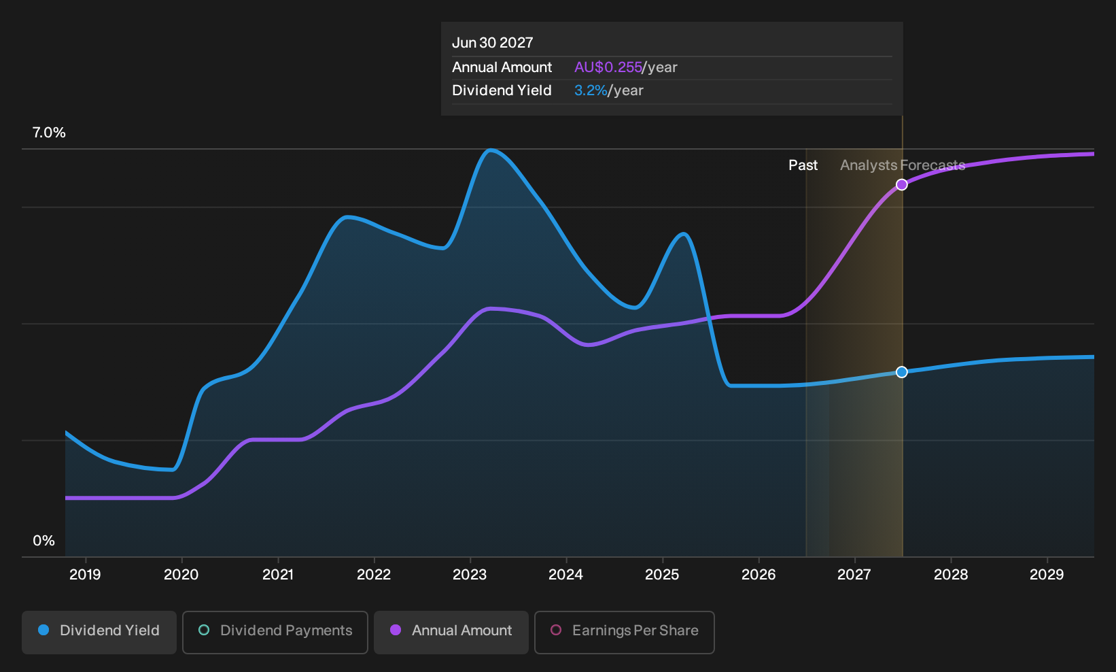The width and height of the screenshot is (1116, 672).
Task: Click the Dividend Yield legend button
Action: tap(99, 632)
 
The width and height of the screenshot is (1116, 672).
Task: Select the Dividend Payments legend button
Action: tap(275, 632)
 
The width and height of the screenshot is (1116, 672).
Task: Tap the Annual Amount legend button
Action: tap(451, 632)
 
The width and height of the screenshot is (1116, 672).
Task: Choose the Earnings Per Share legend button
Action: tap(624, 632)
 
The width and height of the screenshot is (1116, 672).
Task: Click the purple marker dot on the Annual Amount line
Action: tap(902, 185)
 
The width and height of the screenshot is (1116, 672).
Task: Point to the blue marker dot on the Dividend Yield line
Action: tap(902, 372)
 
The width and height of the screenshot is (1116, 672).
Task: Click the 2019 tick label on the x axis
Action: tap(85, 575)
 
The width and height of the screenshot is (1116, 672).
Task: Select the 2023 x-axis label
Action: tap(470, 575)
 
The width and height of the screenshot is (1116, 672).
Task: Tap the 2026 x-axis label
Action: tap(758, 575)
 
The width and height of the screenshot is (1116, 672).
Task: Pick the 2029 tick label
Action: tap(1047, 575)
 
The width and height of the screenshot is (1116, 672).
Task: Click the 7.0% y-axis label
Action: tap(49, 133)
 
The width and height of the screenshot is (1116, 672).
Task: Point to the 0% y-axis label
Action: tap(44, 541)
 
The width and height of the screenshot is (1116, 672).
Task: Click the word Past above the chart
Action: tap(803, 165)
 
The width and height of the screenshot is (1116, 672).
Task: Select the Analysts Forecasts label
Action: tap(903, 165)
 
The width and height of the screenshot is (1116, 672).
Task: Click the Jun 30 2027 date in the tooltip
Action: tap(492, 43)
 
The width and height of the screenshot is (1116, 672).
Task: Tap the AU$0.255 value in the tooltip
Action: tap(608, 67)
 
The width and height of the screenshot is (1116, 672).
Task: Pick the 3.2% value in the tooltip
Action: tap(591, 90)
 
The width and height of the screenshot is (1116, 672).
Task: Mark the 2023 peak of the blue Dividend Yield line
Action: tap(491, 150)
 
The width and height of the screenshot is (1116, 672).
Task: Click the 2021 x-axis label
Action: tap(278, 575)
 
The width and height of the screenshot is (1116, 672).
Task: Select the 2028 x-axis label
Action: tap(951, 575)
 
